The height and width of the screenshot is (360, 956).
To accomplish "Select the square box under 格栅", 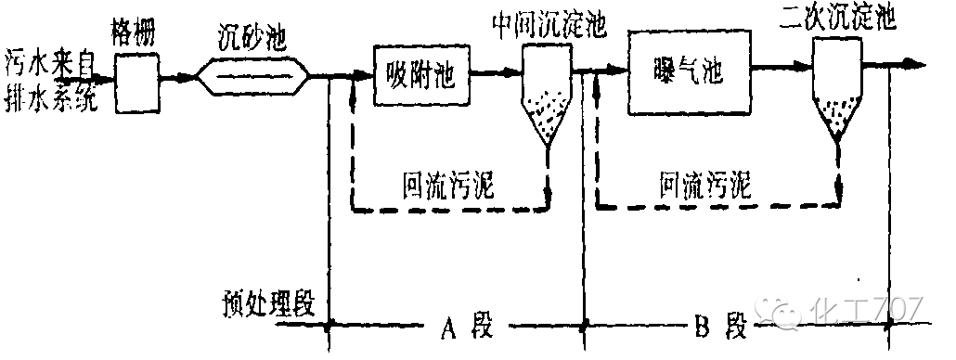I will coord(137,83).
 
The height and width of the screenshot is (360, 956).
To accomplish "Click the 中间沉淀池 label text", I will coord(549,26).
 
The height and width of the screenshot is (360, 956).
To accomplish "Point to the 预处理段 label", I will coord(268,304).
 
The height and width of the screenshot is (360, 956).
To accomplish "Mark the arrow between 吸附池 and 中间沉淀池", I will coord(497,71).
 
